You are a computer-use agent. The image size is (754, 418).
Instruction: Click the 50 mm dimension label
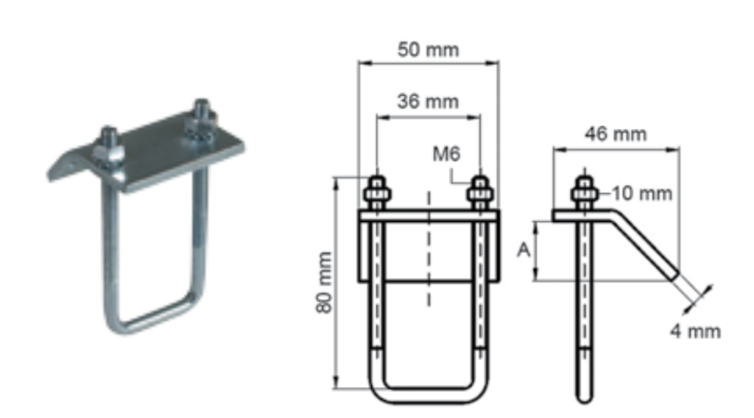coord(428,49)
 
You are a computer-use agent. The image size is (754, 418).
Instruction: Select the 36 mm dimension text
coord(428,102)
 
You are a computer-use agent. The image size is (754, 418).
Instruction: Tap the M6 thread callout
coord(446,154)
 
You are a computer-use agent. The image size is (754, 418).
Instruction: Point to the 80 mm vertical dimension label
coord(325,282)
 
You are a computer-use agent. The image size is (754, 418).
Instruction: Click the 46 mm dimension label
coord(616,134)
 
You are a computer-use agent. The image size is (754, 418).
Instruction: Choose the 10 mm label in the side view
coord(641,194)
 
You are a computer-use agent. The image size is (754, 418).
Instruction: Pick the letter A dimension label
coord(524,250)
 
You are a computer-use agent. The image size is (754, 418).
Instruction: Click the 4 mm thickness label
coord(695,332)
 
